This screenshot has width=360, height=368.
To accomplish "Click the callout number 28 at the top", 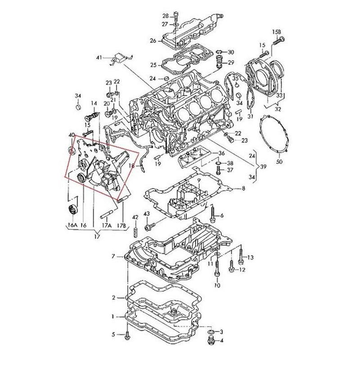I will tap(165, 15).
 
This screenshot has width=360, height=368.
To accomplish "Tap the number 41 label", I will tap(99, 57).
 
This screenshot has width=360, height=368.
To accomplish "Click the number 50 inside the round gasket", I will tap(279, 162).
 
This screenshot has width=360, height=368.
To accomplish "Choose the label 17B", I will tap(120, 224).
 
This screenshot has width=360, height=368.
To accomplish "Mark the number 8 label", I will tap(243, 189).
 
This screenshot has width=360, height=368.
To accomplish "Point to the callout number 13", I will tap(251, 257).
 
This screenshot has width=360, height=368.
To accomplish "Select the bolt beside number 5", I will tap(129, 335).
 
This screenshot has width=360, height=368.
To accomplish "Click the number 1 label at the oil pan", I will tap(113, 317).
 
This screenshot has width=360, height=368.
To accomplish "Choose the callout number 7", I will tap(113, 256).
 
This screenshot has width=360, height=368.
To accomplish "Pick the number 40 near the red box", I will tap(72, 135).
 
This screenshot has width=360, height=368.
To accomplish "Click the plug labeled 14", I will tap(89, 117).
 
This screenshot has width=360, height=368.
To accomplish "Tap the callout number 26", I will tap(153, 40).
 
